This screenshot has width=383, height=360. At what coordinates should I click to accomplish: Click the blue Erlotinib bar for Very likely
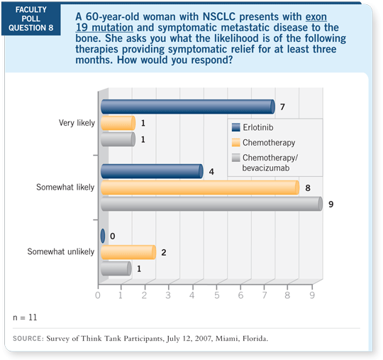[x=187, y=107]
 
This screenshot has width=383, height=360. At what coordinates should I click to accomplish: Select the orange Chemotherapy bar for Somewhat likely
[x=199, y=187]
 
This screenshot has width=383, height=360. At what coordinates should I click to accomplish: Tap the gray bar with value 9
[x=211, y=204]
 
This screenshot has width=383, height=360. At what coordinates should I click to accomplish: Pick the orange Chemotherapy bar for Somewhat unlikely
[x=128, y=252]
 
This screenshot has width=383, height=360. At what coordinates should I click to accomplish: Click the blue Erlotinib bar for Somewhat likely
[x=151, y=171]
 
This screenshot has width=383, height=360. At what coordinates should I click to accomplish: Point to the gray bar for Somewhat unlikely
[x=116, y=268]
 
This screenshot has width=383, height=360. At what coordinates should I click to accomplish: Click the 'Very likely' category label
[x=76, y=124]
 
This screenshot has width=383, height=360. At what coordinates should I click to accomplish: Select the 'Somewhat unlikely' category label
[x=60, y=252]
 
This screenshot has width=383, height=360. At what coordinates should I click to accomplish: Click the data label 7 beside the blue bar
[x=283, y=107]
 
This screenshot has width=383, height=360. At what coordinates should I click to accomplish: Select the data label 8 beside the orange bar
[x=307, y=187]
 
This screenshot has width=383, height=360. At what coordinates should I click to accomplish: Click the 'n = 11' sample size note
[x=26, y=313]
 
